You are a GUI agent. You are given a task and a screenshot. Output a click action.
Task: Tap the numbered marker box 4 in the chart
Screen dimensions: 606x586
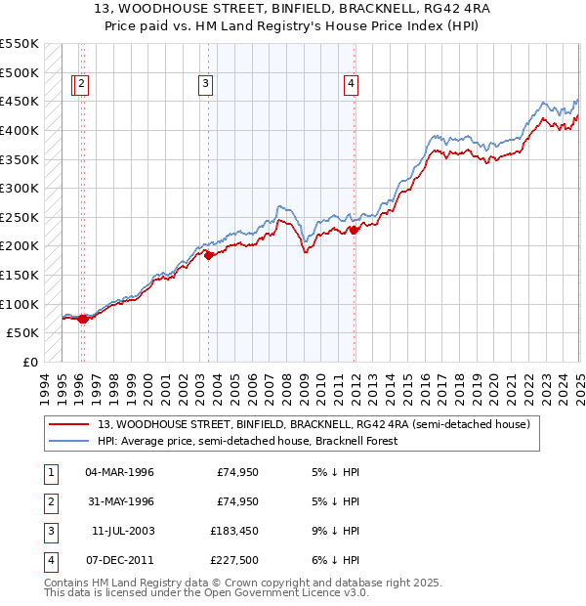pyautogui.click(x=350, y=85)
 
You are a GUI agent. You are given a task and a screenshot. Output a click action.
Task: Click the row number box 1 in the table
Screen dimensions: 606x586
pyautogui.click(x=49, y=472)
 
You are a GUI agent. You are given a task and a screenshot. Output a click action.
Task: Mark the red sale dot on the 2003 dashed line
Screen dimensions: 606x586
pyautogui.click(x=208, y=255)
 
